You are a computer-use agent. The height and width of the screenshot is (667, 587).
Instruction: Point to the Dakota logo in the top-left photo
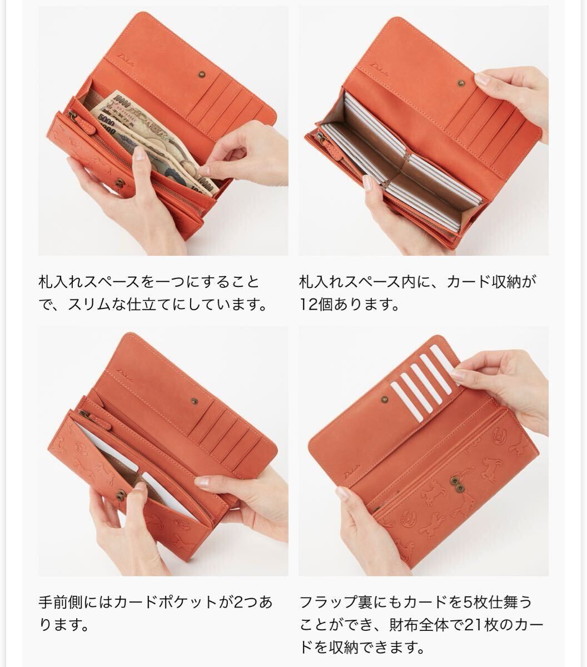(x=126, y=61)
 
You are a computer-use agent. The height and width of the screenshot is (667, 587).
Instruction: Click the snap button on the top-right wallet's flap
(x=461, y=83)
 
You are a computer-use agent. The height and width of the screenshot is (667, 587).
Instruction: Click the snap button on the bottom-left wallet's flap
(x=195, y=401)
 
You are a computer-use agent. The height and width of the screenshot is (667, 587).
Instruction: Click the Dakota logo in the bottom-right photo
(x=352, y=472)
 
